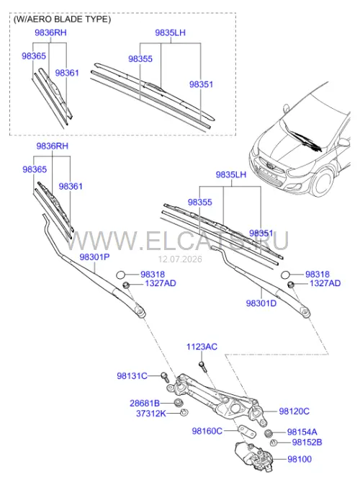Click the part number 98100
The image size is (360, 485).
pos(300,459)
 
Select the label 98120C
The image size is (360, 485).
pos(294,411)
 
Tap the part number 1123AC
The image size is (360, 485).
pos(202,347)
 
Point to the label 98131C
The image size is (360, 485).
pos(132,376)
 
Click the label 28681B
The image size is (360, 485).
pos(145,404)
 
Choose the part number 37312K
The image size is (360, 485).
pos(151,414)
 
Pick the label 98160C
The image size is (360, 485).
pos(207,431)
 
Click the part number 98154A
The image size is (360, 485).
pos(302,432)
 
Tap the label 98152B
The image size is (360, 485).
pos(307,442)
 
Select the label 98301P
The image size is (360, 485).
pos(94,257)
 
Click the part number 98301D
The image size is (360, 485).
pos(261,303)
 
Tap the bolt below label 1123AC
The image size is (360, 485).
pos(202,367)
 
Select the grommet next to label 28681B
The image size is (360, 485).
pos(179,403)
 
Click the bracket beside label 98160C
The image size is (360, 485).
pos(247,432)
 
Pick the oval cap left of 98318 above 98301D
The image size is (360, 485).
pos(286,275)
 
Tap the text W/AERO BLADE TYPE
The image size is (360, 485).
pos(62,19)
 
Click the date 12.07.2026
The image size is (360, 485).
pos(180,259)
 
